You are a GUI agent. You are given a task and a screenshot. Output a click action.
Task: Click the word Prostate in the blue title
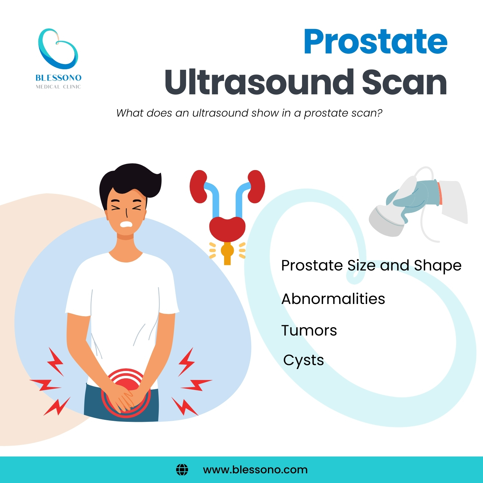[x=375, y=42]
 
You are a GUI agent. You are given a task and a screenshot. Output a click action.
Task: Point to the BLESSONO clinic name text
[x=58, y=78]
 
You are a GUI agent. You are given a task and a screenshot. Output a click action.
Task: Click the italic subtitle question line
[x=249, y=113]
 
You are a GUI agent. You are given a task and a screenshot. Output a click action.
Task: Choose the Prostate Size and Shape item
[x=371, y=266]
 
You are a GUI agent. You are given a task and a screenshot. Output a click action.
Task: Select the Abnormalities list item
[x=333, y=299]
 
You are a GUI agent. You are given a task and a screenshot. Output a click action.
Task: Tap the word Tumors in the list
[x=309, y=330]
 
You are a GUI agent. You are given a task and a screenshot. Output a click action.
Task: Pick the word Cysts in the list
[x=303, y=360]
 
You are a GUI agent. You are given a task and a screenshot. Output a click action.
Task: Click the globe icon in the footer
[x=182, y=470]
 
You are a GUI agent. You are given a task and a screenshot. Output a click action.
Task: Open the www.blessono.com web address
[x=255, y=470]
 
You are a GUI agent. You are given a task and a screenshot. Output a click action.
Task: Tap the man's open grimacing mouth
[x=127, y=224]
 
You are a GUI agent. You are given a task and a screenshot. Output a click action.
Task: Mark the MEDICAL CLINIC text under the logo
[x=58, y=87]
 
